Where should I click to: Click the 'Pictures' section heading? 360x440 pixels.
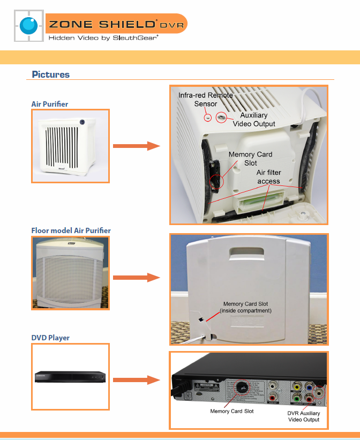coord(50,74)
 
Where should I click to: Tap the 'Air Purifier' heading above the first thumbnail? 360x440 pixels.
coord(50,104)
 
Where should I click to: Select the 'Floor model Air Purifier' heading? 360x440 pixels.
coord(71,230)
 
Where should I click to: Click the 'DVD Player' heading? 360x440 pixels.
coord(50,338)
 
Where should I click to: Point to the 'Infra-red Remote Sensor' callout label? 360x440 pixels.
coord(206,99)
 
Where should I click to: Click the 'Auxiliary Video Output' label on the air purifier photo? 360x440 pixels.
coord(254,120)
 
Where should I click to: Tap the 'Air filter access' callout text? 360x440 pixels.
coord(268,177)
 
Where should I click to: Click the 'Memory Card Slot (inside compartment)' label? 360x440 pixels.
coord(246,307)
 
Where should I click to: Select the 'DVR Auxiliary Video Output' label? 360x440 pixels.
coord(304,416)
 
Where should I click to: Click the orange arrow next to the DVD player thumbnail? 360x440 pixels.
coord(137,380)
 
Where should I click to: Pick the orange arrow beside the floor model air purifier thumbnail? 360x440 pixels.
coord(137,277)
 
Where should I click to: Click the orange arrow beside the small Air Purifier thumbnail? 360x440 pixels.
coord(137,146)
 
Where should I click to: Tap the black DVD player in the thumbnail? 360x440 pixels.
coord(71,376)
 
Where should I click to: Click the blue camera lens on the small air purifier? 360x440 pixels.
coord(82,122)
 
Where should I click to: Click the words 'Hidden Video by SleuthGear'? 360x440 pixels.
coord(103,38)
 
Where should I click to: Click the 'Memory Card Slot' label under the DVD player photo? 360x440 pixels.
coord(232,411)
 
